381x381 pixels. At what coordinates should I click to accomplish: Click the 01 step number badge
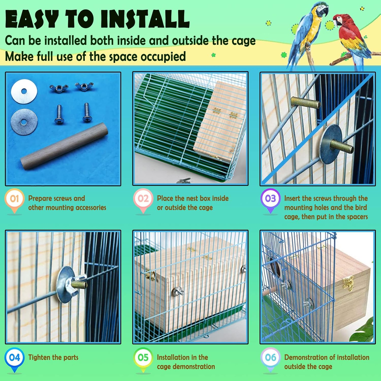pos(14,198)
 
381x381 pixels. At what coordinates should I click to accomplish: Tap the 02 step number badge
pos(143,198)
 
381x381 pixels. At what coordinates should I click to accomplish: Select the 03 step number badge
pos(270,198)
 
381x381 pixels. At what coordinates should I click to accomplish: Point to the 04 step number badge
pos(14,358)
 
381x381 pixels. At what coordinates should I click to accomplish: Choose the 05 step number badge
pos(143,358)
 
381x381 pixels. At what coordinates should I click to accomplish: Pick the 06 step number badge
pos(270,358)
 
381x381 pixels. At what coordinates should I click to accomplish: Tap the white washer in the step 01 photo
pos(24,91)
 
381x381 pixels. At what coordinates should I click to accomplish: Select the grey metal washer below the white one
pos(24,122)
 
